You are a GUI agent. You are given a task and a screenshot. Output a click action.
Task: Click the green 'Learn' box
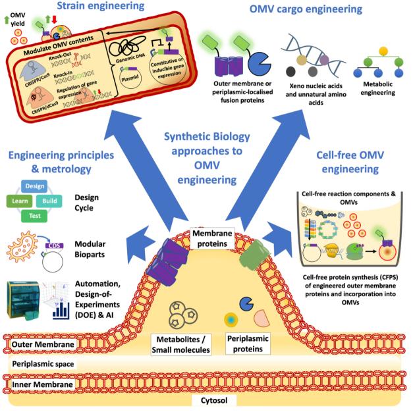(x=20, y=199)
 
